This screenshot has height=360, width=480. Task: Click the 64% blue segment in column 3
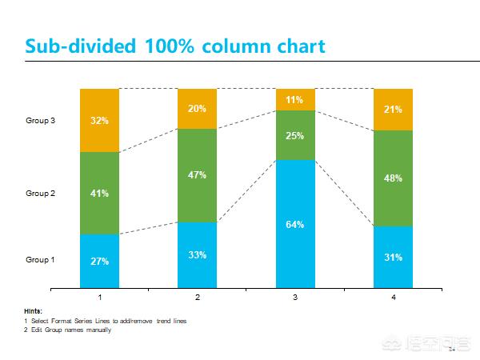pyautogui.click(x=294, y=224)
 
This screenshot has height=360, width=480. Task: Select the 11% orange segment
pyautogui.click(x=294, y=99)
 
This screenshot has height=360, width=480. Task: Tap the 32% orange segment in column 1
pyautogui.click(x=99, y=120)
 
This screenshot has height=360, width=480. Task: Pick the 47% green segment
pyautogui.click(x=197, y=174)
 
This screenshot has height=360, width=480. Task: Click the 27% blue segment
pyautogui.click(x=99, y=261)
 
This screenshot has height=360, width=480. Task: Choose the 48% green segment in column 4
pyautogui.click(x=393, y=178)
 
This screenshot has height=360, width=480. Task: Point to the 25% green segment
pyautogui.click(x=294, y=135)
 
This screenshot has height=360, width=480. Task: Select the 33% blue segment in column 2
pyautogui.click(x=197, y=254)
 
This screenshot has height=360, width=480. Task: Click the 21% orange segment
pyautogui.click(x=393, y=109)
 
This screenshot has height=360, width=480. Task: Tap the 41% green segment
pyautogui.click(x=99, y=193)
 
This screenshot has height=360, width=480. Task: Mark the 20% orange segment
pyautogui.click(x=197, y=108)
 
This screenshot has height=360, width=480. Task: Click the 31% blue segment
pyautogui.click(x=393, y=257)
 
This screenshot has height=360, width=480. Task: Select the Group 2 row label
pyautogui.click(x=40, y=193)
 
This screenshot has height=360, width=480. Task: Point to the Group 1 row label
pyautogui.click(x=40, y=259)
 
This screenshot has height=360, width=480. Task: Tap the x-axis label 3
pyautogui.click(x=294, y=298)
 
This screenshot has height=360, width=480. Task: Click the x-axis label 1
pyautogui.click(x=99, y=298)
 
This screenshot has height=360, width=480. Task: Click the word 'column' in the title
pyautogui.click(x=232, y=46)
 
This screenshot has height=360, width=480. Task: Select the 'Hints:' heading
pyautogui.click(x=33, y=311)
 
